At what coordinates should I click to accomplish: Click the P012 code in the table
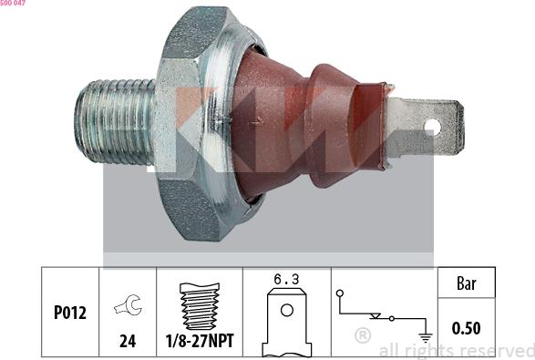click(x=70, y=313)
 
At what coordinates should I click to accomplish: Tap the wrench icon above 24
click(x=129, y=304)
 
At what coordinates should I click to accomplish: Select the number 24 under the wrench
click(x=128, y=341)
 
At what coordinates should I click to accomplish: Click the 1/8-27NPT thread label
click(x=200, y=341)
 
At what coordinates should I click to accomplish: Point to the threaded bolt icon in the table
click(x=200, y=306)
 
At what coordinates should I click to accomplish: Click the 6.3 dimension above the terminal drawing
click(x=286, y=279)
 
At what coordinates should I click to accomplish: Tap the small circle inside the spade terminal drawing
click(x=286, y=310)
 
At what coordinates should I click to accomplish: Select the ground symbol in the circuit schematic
click(x=425, y=337)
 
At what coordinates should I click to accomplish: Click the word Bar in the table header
click(x=466, y=283)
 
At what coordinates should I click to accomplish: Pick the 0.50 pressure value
click(x=466, y=328)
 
